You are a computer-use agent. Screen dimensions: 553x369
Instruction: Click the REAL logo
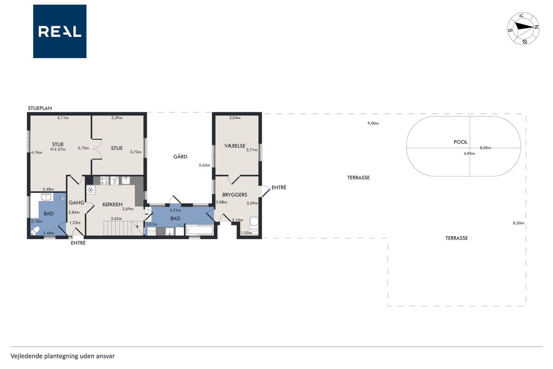click(x=60, y=32)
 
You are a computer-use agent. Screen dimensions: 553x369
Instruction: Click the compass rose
click(x=523, y=29)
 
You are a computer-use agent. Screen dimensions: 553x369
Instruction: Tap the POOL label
click(x=461, y=142)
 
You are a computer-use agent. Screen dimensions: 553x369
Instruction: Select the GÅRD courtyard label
click(x=180, y=157)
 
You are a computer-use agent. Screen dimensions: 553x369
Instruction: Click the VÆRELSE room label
click(x=235, y=146)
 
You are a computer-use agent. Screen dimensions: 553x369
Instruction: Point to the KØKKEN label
click(x=113, y=204)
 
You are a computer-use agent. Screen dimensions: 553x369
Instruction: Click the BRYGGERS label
click(x=235, y=195)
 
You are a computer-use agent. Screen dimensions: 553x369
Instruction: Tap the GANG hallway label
click(x=76, y=202)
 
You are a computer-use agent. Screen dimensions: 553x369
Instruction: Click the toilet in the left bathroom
click(x=35, y=231)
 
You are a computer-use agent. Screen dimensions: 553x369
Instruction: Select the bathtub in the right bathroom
click(x=199, y=230)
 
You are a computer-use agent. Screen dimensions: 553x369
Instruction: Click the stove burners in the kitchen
click(x=105, y=180)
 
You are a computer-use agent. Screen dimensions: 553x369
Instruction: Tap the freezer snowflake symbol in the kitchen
click(x=91, y=190)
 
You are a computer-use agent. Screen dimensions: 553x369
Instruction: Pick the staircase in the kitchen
click(x=124, y=228)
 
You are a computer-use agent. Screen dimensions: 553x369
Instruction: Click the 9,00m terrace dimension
click(x=373, y=123)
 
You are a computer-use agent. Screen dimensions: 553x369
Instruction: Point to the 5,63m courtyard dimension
click(x=204, y=165)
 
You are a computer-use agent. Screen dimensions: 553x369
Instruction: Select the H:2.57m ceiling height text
click(x=58, y=149)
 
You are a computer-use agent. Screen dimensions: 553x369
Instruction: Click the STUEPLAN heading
click(x=40, y=108)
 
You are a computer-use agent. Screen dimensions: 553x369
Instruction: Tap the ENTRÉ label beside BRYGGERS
click(x=279, y=188)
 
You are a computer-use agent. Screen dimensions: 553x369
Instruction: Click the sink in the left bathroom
click(x=47, y=197)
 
